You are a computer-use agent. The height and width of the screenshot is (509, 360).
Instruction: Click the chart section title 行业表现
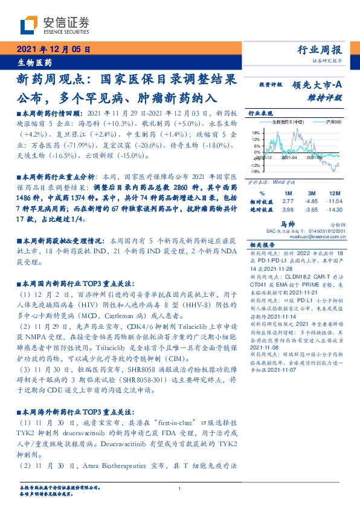pos(261,113)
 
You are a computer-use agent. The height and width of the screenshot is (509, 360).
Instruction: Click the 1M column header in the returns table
pos(288,192)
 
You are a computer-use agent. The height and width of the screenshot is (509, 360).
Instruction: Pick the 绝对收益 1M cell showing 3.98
pos(288,209)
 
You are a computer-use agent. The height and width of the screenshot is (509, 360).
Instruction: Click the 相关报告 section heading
pos(263,245)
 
